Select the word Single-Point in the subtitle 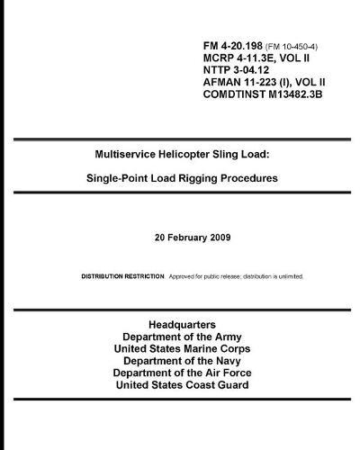pos(121,178)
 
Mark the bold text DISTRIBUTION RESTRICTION pos(122,275)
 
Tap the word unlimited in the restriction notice pos(286,275)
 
